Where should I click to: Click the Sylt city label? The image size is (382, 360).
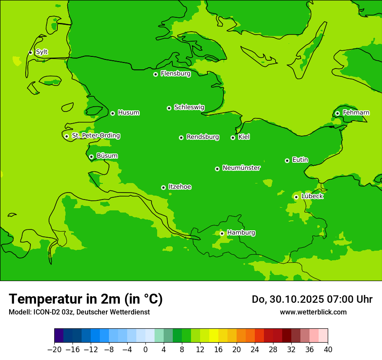42,52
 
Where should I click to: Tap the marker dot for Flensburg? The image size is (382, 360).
155,74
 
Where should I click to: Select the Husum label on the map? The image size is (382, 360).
128,113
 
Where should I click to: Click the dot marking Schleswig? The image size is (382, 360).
169,108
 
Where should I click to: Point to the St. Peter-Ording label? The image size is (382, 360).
95,136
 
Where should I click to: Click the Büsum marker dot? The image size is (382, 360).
91,157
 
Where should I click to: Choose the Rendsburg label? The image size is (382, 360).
203,137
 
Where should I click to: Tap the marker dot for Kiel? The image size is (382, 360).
233,137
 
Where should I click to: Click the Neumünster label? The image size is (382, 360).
241,168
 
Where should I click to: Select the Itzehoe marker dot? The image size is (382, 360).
163,187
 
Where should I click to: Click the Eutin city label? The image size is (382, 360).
300,160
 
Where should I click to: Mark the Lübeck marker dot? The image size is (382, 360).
296,197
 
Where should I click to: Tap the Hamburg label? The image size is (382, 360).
241,233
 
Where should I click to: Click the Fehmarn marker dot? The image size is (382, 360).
337,113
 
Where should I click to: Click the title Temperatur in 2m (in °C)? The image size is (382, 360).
86,299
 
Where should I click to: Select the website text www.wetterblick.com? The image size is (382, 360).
313,312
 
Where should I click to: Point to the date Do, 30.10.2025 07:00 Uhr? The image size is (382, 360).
312,299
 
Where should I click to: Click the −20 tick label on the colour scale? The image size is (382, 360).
54,350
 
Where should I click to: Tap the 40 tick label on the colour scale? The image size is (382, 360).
328,350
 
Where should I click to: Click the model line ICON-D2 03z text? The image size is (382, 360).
79,312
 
